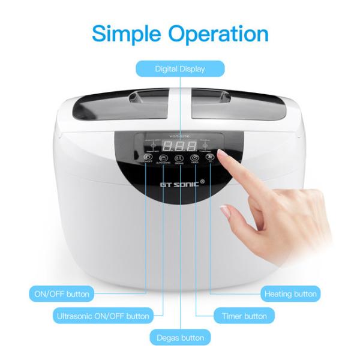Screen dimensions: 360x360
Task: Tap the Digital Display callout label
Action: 180,69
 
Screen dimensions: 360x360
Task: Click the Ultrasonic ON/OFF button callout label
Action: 103,316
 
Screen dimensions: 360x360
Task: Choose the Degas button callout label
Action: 180,337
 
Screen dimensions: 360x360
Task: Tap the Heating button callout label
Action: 290,294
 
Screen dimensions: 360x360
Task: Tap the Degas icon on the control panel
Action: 179,159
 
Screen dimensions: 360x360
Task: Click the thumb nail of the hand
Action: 225,211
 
